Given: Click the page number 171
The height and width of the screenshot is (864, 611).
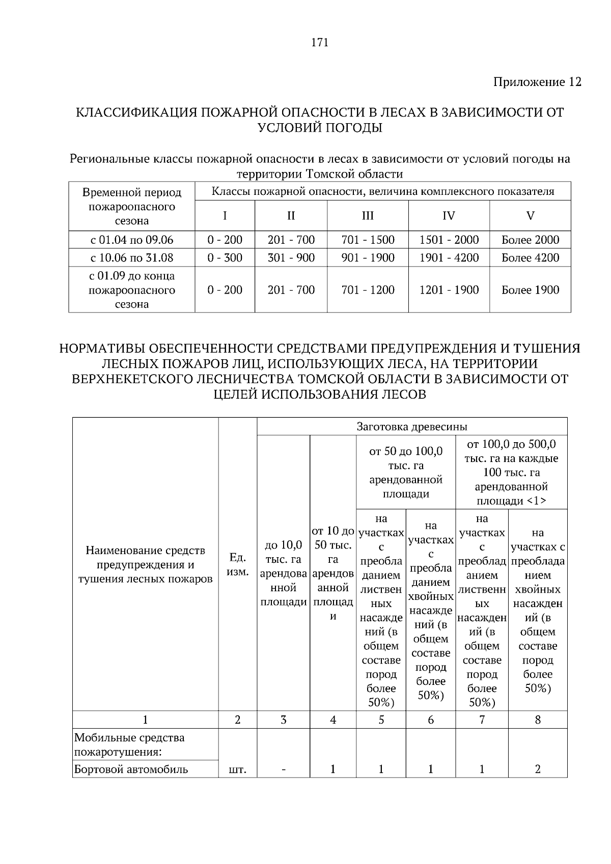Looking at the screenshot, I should point(320,43).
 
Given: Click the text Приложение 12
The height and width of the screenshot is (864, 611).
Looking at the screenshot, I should point(537,82).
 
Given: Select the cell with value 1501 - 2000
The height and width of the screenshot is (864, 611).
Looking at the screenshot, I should point(449,240).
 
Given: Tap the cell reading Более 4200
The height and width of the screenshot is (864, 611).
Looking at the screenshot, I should point(530,257).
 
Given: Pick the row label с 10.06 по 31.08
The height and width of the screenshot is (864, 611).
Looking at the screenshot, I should point(132,257).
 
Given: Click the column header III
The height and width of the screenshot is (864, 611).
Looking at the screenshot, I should point(368,216).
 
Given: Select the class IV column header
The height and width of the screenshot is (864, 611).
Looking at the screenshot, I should point(449,216).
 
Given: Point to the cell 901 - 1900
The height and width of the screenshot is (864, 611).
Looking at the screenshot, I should point(368,257).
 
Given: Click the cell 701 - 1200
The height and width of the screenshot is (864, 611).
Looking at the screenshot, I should point(368,290).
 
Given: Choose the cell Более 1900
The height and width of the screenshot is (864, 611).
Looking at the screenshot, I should point(530,290).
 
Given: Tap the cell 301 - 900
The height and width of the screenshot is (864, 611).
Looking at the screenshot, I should point(291,257).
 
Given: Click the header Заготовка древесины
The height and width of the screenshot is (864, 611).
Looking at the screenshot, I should point(412,426).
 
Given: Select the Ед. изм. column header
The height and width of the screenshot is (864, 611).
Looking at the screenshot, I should point(237,564).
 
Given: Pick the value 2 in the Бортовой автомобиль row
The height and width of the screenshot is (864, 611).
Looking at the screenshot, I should point(538,769).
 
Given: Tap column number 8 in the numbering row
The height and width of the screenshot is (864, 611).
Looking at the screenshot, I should point(538,719).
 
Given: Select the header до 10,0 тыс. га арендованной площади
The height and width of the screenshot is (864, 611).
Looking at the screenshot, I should point(284,573).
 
